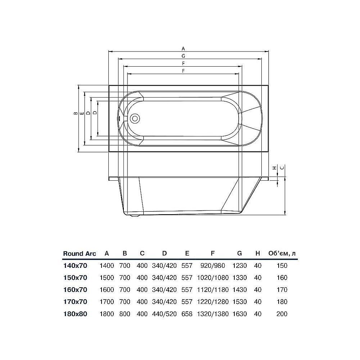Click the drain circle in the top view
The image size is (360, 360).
[x=135, y=118]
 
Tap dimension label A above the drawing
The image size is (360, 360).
[x=183, y=48]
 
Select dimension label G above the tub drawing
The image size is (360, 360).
[x=183, y=56]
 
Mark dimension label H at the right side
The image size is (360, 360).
[x=274, y=168]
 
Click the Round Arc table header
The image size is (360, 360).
[x=80, y=253]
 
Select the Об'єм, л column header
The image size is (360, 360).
[x=282, y=253]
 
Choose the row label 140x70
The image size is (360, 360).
[x=75, y=266]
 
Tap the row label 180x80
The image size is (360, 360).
[x=75, y=314]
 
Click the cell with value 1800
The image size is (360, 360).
[x=107, y=314]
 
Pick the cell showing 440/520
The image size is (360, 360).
[x=165, y=314]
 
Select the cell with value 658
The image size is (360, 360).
[x=187, y=314]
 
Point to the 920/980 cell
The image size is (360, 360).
[x=213, y=266]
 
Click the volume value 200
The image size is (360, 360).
[x=282, y=314]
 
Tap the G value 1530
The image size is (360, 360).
[x=239, y=302]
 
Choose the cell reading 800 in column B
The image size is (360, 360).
[x=125, y=314]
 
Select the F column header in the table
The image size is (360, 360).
[x=213, y=253]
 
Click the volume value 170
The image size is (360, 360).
[x=282, y=290]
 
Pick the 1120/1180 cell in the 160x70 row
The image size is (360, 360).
[x=213, y=290]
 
